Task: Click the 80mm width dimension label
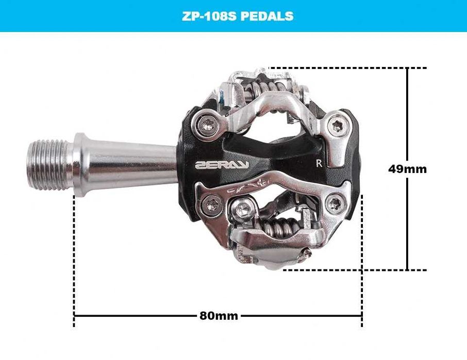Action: point(219,316)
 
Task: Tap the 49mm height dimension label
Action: point(407,169)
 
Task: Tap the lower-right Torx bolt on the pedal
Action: point(336,202)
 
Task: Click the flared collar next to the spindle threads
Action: point(80,164)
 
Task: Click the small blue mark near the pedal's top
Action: point(220,95)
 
